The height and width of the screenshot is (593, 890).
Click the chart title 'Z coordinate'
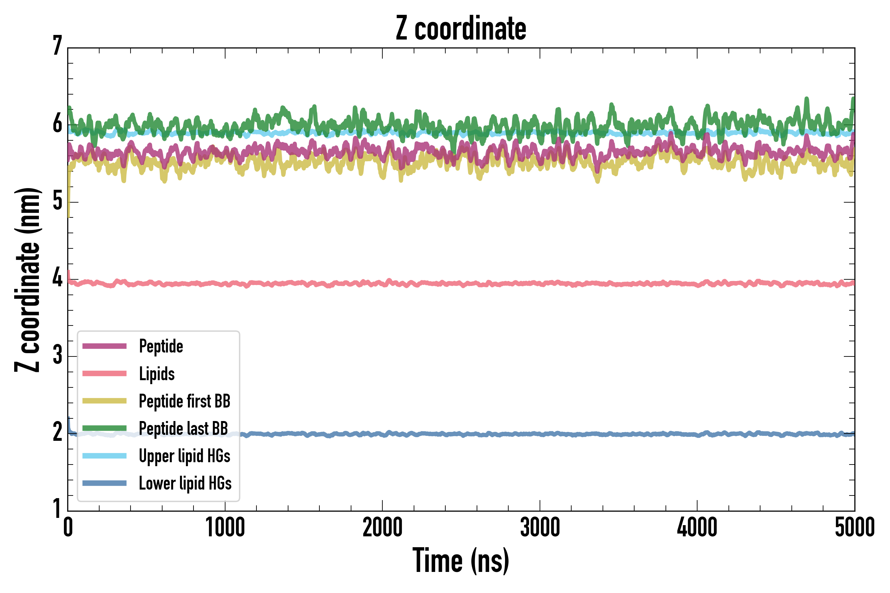pyautogui.click(x=460, y=28)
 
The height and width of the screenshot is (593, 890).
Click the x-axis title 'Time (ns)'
pyautogui.click(x=460, y=560)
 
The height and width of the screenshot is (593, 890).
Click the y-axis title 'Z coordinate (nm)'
pyautogui.click(x=27, y=280)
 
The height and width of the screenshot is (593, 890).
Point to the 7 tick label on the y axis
pyautogui.click(x=57, y=46)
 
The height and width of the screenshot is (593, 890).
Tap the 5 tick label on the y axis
pyautogui.click(x=57, y=200)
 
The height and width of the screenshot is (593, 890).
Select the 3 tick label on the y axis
pyautogui.click(x=57, y=355)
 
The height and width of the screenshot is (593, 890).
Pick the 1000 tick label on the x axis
pyautogui.click(x=225, y=527)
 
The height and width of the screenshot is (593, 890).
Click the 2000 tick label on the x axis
pyautogui.click(x=382, y=527)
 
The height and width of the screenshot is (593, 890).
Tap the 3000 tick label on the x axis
pyautogui.click(x=540, y=527)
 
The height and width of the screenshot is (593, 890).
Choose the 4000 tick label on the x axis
pyautogui.click(x=697, y=527)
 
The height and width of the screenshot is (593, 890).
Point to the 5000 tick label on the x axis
pyautogui.click(x=854, y=527)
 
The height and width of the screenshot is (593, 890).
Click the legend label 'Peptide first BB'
pyautogui.click(x=185, y=401)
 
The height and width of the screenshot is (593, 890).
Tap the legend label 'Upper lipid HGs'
pyautogui.click(x=185, y=456)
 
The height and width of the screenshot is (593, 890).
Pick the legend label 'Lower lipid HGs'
pyautogui.click(x=185, y=483)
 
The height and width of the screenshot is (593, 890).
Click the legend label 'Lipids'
pyautogui.click(x=157, y=374)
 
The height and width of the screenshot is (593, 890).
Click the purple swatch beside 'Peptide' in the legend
pyautogui.click(x=104, y=346)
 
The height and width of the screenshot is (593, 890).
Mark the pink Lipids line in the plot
pyautogui.click(x=492, y=283)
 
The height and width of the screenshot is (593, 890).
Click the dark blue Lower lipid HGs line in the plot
pyautogui.click(x=492, y=434)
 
